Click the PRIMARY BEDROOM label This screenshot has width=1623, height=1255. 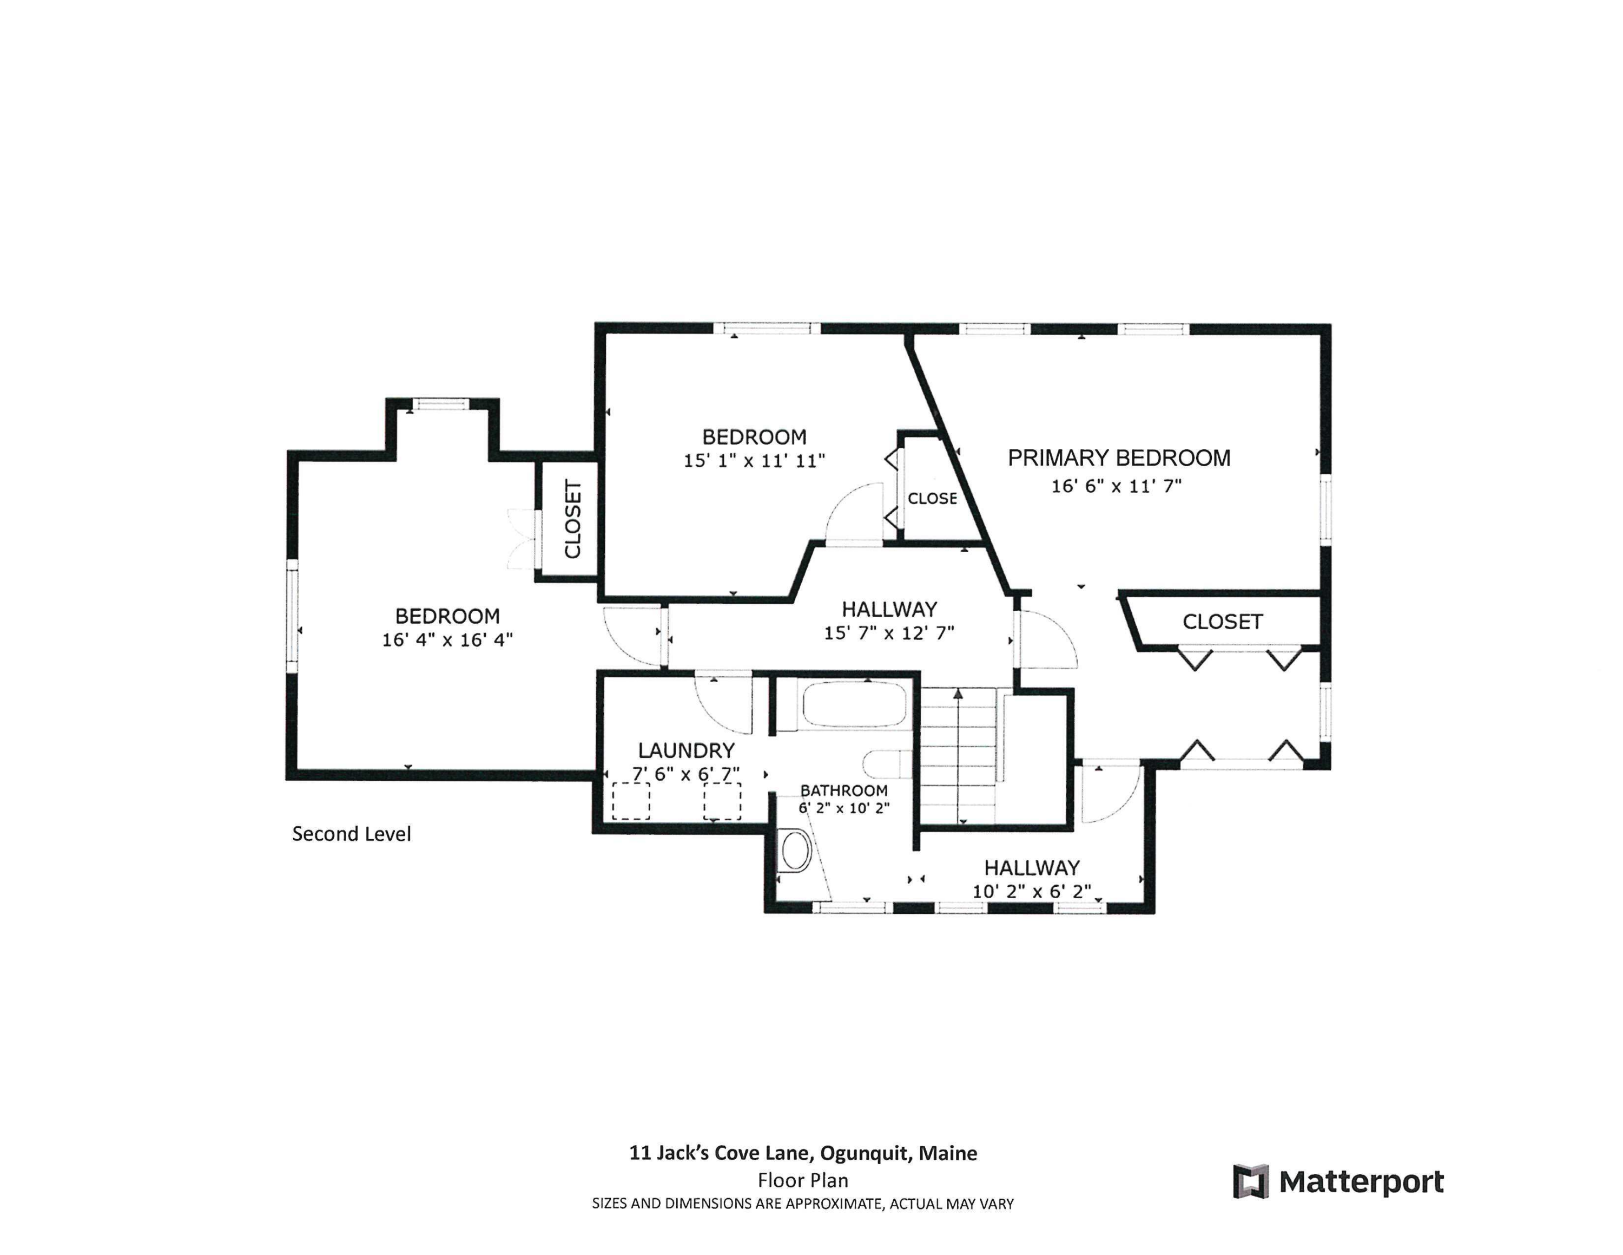coord(1118,458)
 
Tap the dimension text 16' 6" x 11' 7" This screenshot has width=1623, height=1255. coord(1116,486)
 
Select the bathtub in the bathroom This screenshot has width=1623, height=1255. coord(853,703)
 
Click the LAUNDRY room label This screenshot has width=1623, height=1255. coord(686,750)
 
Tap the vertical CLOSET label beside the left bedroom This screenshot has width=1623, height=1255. coord(572,519)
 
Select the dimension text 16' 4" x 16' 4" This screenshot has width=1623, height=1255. coord(447,640)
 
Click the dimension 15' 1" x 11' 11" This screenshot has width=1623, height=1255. coord(754,461)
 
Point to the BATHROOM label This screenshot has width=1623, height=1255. coord(843,790)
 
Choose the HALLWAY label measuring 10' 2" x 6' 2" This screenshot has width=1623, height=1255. coord(1032,868)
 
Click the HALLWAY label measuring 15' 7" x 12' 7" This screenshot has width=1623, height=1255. coord(889,610)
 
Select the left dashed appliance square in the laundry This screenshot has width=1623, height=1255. coord(631,801)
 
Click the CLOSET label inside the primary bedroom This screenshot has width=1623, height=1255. coord(1223,622)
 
